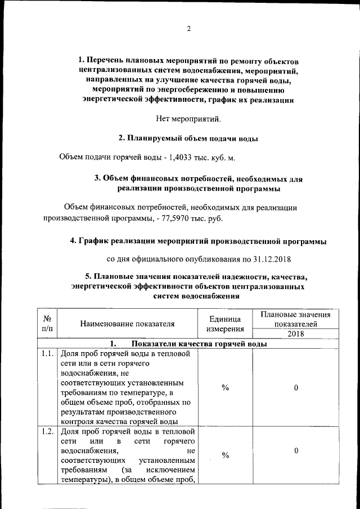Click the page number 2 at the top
coord(188,29)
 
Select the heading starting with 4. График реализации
coord(197,241)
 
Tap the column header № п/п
coord(47,323)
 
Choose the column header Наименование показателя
coord(127,323)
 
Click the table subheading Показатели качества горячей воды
coord(199,344)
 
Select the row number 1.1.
coord(47,354)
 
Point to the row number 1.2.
coord(47,431)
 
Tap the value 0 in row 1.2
coord(295,451)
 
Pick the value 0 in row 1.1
coord(295,388)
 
